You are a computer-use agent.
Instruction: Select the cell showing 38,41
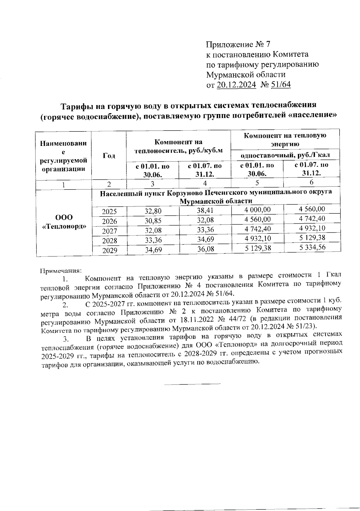(205, 210)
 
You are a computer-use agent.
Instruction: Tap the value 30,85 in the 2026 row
(153, 221)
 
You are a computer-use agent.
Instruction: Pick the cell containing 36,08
(205, 249)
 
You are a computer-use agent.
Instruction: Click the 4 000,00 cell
(257, 210)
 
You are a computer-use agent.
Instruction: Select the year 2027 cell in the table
(109, 231)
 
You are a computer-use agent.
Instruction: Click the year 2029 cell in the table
(109, 250)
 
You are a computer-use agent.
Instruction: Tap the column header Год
(109, 156)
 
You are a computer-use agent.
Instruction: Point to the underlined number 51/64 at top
(281, 85)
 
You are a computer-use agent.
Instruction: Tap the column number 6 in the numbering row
(312, 182)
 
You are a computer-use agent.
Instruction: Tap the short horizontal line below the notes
(192, 384)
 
